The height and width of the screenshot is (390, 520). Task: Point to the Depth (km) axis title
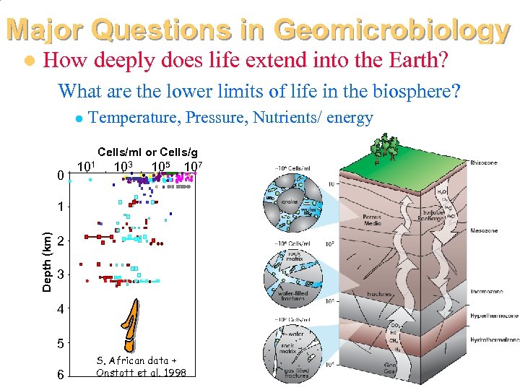pos(47,261)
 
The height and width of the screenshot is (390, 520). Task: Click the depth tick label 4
pos(62,309)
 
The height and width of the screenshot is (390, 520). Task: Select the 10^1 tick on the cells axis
pos(86,168)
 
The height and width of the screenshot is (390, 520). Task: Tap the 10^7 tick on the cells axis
pos(192,168)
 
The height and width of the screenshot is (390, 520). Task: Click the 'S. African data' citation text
pos(136,360)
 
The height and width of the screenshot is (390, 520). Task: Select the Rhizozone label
pos(483,163)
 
